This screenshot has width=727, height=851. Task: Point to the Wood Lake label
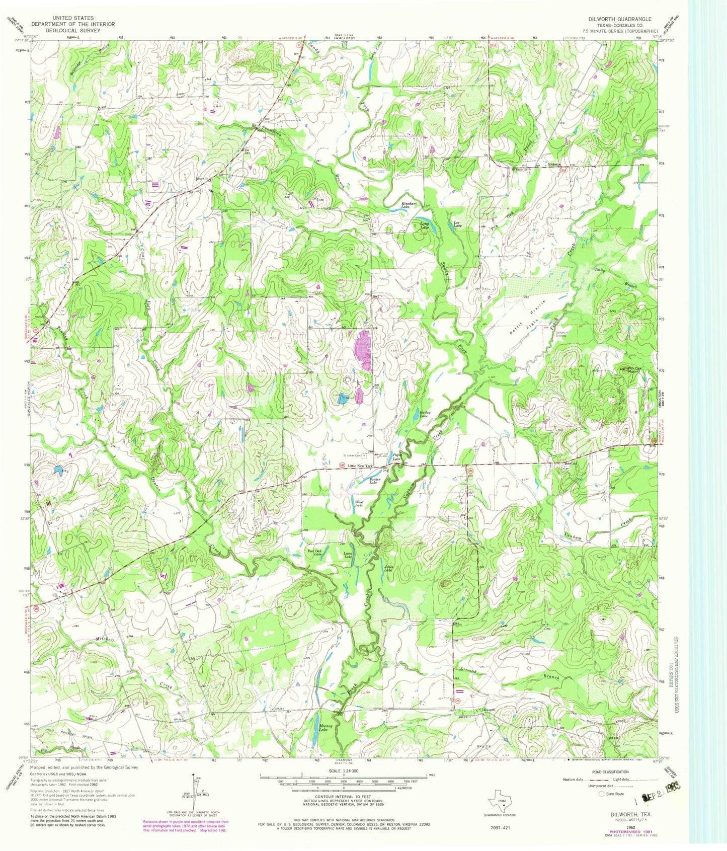click(359, 504)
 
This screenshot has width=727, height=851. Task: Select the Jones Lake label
click(388, 569)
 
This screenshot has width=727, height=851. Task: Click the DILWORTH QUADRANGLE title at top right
click(619, 19)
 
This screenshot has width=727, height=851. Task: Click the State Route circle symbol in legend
click(601, 808)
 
